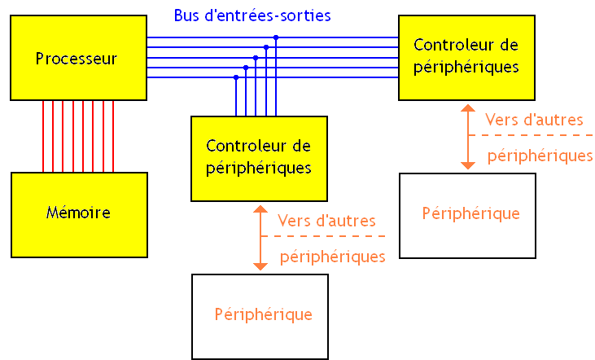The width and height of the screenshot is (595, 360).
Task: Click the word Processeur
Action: (77, 59)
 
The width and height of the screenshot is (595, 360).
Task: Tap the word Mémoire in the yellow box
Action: (78, 213)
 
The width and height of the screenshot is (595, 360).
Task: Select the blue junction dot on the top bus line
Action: (276, 37)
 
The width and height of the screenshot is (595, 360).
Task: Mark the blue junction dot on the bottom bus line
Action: (236, 77)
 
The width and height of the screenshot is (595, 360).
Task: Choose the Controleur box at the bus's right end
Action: (466, 56)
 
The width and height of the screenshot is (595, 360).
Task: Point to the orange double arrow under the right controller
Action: (467, 136)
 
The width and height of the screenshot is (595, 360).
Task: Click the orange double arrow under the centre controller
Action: (260, 238)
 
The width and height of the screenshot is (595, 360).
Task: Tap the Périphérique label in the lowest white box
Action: (264, 314)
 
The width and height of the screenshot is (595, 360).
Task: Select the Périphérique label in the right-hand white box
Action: (471, 213)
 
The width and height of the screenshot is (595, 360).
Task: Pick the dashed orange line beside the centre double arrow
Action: (326, 236)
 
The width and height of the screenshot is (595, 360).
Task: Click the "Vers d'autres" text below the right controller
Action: (534, 120)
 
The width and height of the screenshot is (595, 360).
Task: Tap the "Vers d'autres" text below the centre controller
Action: (326, 221)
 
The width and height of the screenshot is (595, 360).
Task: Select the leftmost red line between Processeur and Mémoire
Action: (43, 136)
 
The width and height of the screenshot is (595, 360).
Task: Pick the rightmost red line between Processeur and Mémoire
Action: (113, 136)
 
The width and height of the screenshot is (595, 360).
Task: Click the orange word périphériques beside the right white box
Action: (540, 156)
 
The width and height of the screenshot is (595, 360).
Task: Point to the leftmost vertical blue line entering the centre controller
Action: (236, 102)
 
